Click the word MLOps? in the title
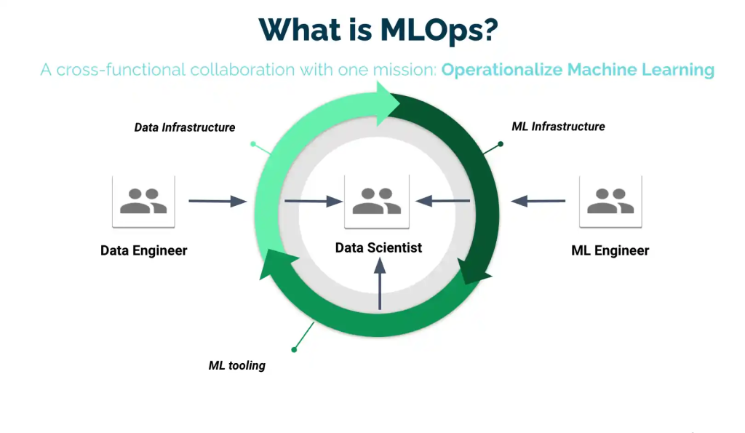tap(439, 31)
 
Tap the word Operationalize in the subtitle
tap(502, 70)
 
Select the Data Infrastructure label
tap(184, 127)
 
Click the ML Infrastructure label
tap(558, 127)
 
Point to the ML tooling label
tap(236, 365)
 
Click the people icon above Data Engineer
tap(143, 202)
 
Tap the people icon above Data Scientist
tap(377, 202)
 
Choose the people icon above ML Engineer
tap(610, 202)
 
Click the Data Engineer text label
tap(143, 250)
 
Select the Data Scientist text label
tap(378, 247)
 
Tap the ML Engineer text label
tap(610, 250)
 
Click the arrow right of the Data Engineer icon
tap(218, 201)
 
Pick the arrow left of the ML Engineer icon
tap(538, 201)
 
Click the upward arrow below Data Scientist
tap(380, 284)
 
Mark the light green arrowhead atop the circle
tap(388, 103)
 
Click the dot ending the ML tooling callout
tap(294, 350)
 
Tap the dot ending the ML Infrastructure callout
tap(501, 144)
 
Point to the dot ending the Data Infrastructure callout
tap(253, 143)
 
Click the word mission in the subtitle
tap(404, 70)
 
